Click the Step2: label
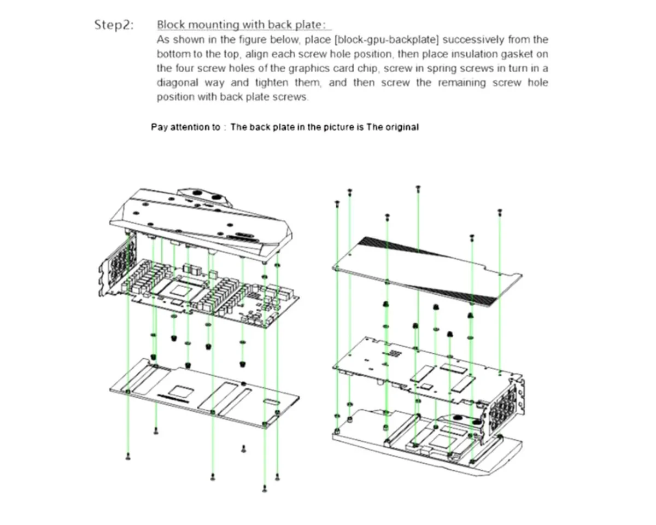(x=114, y=25)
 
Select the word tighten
(x=273, y=83)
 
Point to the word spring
(x=444, y=69)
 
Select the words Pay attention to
(x=186, y=127)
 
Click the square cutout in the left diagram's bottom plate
(x=180, y=390)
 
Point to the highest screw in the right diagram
(x=418, y=188)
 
